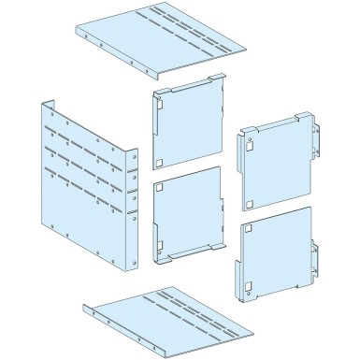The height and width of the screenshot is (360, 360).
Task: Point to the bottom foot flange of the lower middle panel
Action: [x=201, y=249]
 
